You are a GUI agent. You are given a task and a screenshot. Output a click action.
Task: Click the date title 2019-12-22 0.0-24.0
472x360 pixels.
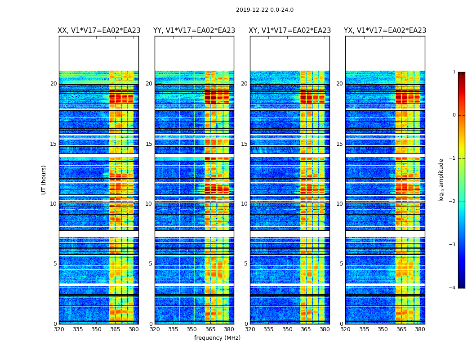[x=264, y=10]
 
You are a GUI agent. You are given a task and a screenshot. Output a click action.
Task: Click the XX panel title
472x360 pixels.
[x=99, y=31]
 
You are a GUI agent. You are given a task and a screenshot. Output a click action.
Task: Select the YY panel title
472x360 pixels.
[x=194, y=31]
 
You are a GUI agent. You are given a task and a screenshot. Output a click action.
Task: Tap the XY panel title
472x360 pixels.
[x=290, y=31]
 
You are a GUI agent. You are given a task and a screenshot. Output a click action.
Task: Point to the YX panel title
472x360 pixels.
[x=385, y=31]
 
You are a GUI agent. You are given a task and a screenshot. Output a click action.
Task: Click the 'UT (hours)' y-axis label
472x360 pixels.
[x=44, y=180]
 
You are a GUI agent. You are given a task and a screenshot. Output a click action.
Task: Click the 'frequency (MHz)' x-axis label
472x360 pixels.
[x=217, y=338]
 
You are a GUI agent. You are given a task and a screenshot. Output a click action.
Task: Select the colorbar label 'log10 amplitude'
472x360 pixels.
[x=441, y=180]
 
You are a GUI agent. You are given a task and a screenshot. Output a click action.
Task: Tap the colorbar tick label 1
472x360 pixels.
[x=454, y=72]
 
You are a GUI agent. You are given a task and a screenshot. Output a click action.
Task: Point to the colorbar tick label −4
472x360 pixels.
[x=453, y=288]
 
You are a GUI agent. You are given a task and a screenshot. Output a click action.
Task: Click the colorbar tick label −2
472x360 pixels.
[x=453, y=202]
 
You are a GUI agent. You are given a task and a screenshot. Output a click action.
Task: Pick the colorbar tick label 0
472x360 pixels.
[x=454, y=115]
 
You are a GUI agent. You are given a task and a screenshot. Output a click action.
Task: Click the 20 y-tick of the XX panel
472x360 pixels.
[x=53, y=84]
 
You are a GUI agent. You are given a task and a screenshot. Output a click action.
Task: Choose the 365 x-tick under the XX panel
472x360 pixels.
[x=115, y=329]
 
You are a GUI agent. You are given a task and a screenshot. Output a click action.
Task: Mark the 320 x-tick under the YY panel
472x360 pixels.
[x=155, y=329]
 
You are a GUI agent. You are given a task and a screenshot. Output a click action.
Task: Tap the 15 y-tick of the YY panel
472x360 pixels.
[x=149, y=144]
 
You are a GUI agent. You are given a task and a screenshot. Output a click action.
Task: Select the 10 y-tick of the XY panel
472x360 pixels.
[x=244, y=204]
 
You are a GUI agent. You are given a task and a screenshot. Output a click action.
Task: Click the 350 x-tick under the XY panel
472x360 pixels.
[x=287, y=329]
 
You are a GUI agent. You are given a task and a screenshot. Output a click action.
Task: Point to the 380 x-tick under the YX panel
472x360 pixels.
[x=420, y=329]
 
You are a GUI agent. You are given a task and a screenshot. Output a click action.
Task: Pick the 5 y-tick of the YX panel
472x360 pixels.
[x=341, y=264]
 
